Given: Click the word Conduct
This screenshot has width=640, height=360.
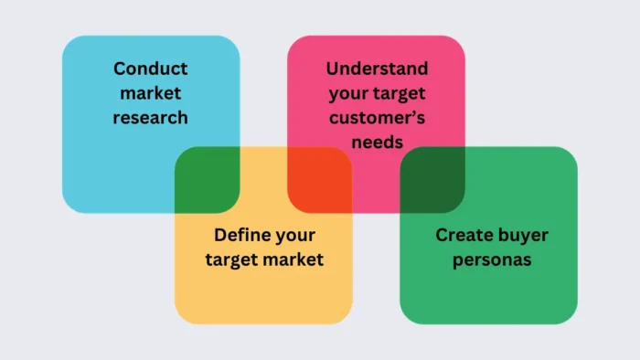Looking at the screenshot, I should [151, 69].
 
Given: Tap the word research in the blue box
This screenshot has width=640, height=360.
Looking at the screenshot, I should [151, 117].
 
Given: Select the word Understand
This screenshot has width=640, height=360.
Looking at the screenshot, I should [377, 69].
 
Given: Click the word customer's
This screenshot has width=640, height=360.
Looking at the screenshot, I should [377, 117].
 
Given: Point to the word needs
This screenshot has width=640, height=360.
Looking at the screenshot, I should [377, 142].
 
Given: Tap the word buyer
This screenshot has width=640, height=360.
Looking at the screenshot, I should [521, 235].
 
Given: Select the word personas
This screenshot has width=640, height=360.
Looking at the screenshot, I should [492, 259].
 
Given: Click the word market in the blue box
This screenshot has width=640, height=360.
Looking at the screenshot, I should [151, 93].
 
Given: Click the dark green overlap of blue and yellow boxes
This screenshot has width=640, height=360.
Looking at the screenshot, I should [208, 179].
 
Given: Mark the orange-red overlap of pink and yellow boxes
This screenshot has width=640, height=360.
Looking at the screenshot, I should [320, 179].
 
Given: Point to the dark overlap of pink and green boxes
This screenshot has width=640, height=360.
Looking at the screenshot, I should [432, 179].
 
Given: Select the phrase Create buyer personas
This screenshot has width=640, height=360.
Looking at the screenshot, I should [492, 247].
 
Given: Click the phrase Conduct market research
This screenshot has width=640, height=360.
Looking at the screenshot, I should [151, 93].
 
